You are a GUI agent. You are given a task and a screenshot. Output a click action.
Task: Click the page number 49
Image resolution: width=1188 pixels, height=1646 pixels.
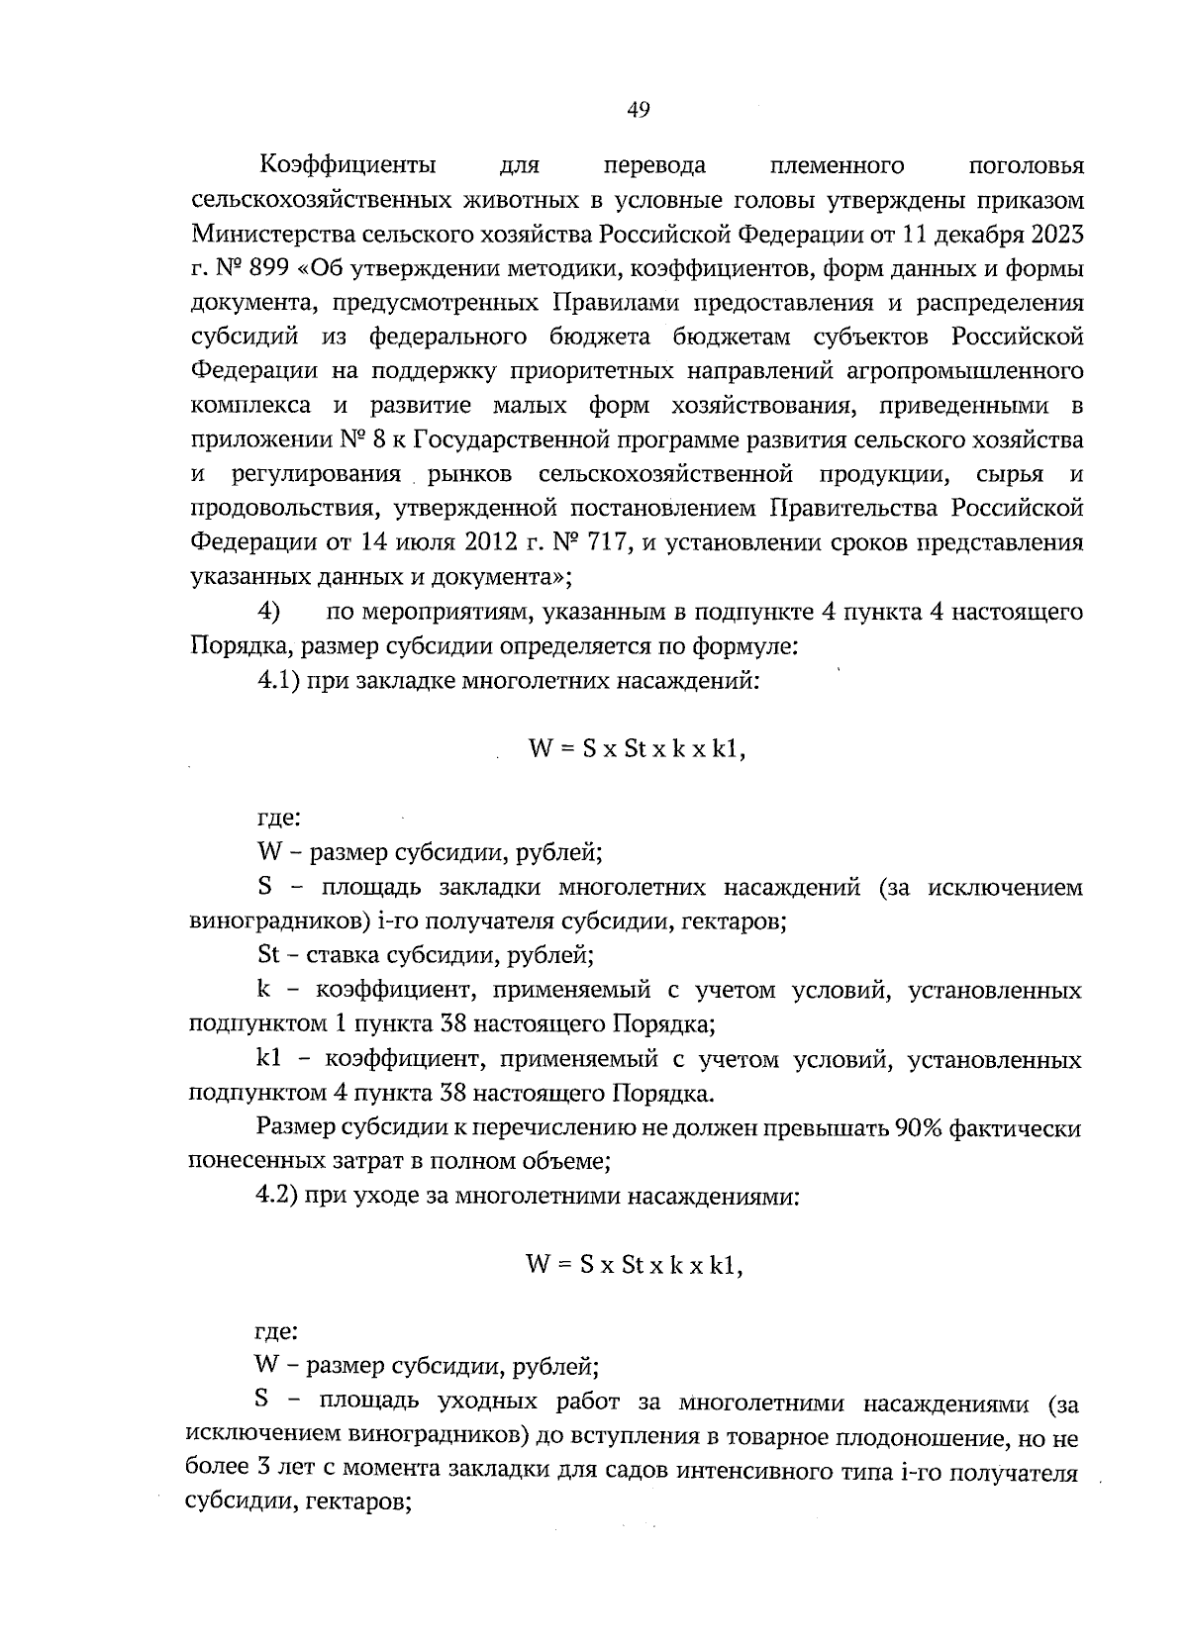pyautogui.click(x=638, y=111)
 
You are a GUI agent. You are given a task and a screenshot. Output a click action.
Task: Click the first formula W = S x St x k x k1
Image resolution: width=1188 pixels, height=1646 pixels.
pyautogui.click(x=637, y=749)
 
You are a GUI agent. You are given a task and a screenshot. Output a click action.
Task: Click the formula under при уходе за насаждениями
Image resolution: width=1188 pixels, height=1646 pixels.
pyautogui.click(x=635, y=1264)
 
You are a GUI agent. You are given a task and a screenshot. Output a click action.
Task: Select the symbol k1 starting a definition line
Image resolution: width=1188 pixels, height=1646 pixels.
pyautogui.click(x=270, y=1059)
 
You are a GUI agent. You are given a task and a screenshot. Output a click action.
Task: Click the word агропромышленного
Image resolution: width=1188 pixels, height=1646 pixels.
pyautogui.click(x=966, y=371)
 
